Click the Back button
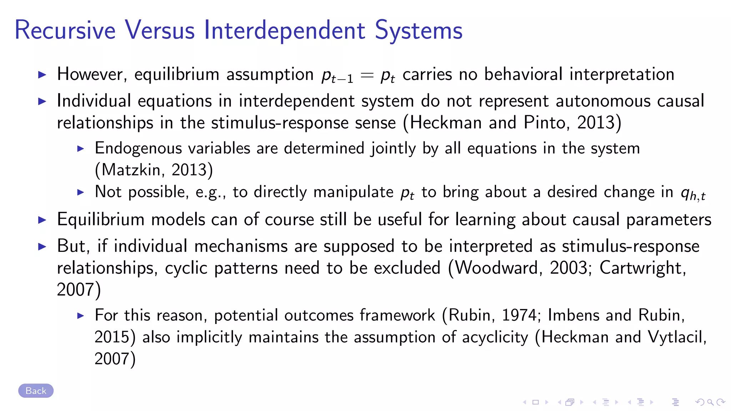pos(36,391)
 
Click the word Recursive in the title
pos(65,30)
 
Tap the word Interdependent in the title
pos(284,30)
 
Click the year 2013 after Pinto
pos(596,123)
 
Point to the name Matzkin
pos(131,170)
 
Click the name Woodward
pos(496,268)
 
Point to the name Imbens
pos(573,315)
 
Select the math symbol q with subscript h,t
pos(693,194)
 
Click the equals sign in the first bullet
pos(367,75)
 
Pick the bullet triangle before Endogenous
pos(81,148)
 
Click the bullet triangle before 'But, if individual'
pos(42,246)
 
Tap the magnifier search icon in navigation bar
pos(710,402)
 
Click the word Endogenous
pos(136,148)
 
